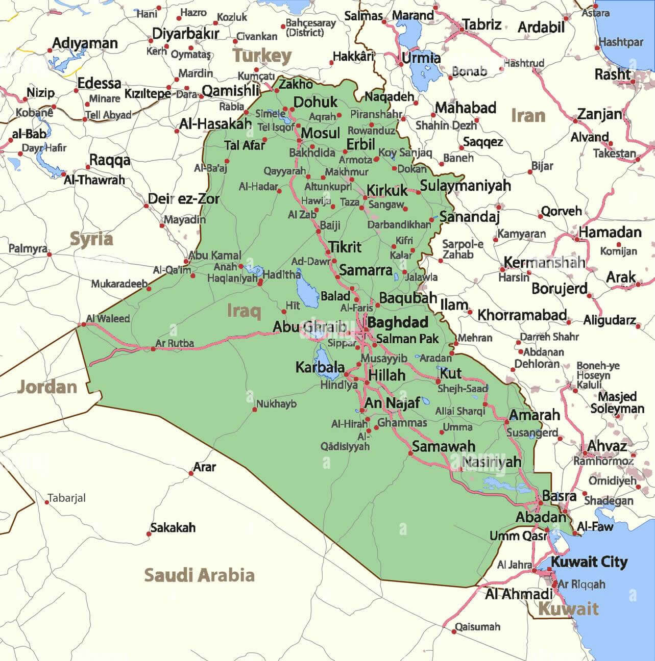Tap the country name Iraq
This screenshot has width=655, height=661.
coord(244,310)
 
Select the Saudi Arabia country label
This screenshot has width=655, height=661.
coord(199,575)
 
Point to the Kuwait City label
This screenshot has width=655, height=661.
coord(589,562)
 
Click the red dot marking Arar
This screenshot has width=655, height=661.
coord(191,473)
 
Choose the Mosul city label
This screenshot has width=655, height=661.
coord(320,133)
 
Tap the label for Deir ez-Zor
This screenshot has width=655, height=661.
coord(184,198)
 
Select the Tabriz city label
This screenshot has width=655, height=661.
coord(481,24)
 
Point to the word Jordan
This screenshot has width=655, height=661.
coord(47,387)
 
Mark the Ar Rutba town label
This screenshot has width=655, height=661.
coord(175,343)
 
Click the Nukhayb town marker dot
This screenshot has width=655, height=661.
coord(254,409)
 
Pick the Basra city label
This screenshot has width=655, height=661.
coord(559,496)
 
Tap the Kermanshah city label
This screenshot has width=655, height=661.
coord(544,263)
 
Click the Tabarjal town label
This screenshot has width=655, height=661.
coord(66,498)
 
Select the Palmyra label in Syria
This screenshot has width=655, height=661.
coord(28,248)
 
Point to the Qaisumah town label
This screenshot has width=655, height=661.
coord(477,626)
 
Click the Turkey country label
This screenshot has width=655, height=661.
coord(262,56)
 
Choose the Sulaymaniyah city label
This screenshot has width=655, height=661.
coord(465,185)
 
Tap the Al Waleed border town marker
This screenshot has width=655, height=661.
coord(84,324)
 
